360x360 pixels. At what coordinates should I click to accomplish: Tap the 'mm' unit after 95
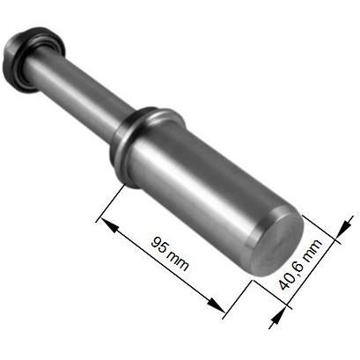tap(177, 258)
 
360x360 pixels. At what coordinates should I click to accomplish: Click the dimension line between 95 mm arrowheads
tap(164, 265)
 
